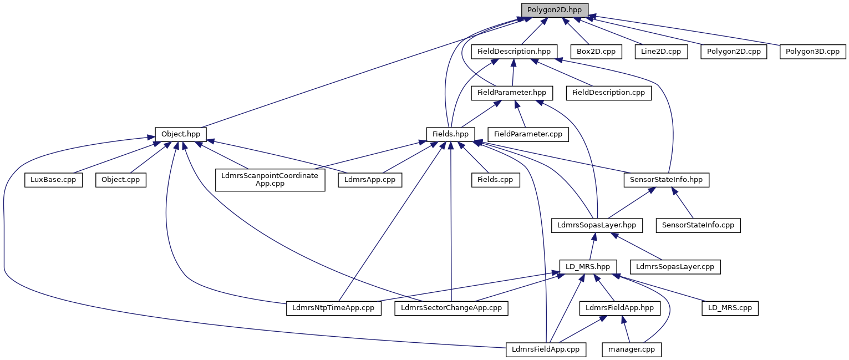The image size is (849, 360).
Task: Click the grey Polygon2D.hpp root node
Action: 555,9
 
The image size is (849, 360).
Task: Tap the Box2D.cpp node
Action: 595,52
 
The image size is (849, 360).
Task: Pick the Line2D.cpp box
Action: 660,52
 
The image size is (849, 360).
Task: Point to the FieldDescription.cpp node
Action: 608,93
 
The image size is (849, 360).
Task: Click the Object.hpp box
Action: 181,134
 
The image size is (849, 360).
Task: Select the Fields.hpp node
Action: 451,134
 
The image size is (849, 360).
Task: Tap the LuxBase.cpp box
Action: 53,180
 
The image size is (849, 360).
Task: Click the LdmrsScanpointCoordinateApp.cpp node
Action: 270,180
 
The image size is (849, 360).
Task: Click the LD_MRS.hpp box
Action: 588,267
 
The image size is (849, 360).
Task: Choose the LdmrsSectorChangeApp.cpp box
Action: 451,308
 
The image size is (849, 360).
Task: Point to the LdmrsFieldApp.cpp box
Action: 546,349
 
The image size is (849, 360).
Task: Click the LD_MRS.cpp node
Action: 730,308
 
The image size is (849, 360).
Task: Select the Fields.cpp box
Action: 496,180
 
